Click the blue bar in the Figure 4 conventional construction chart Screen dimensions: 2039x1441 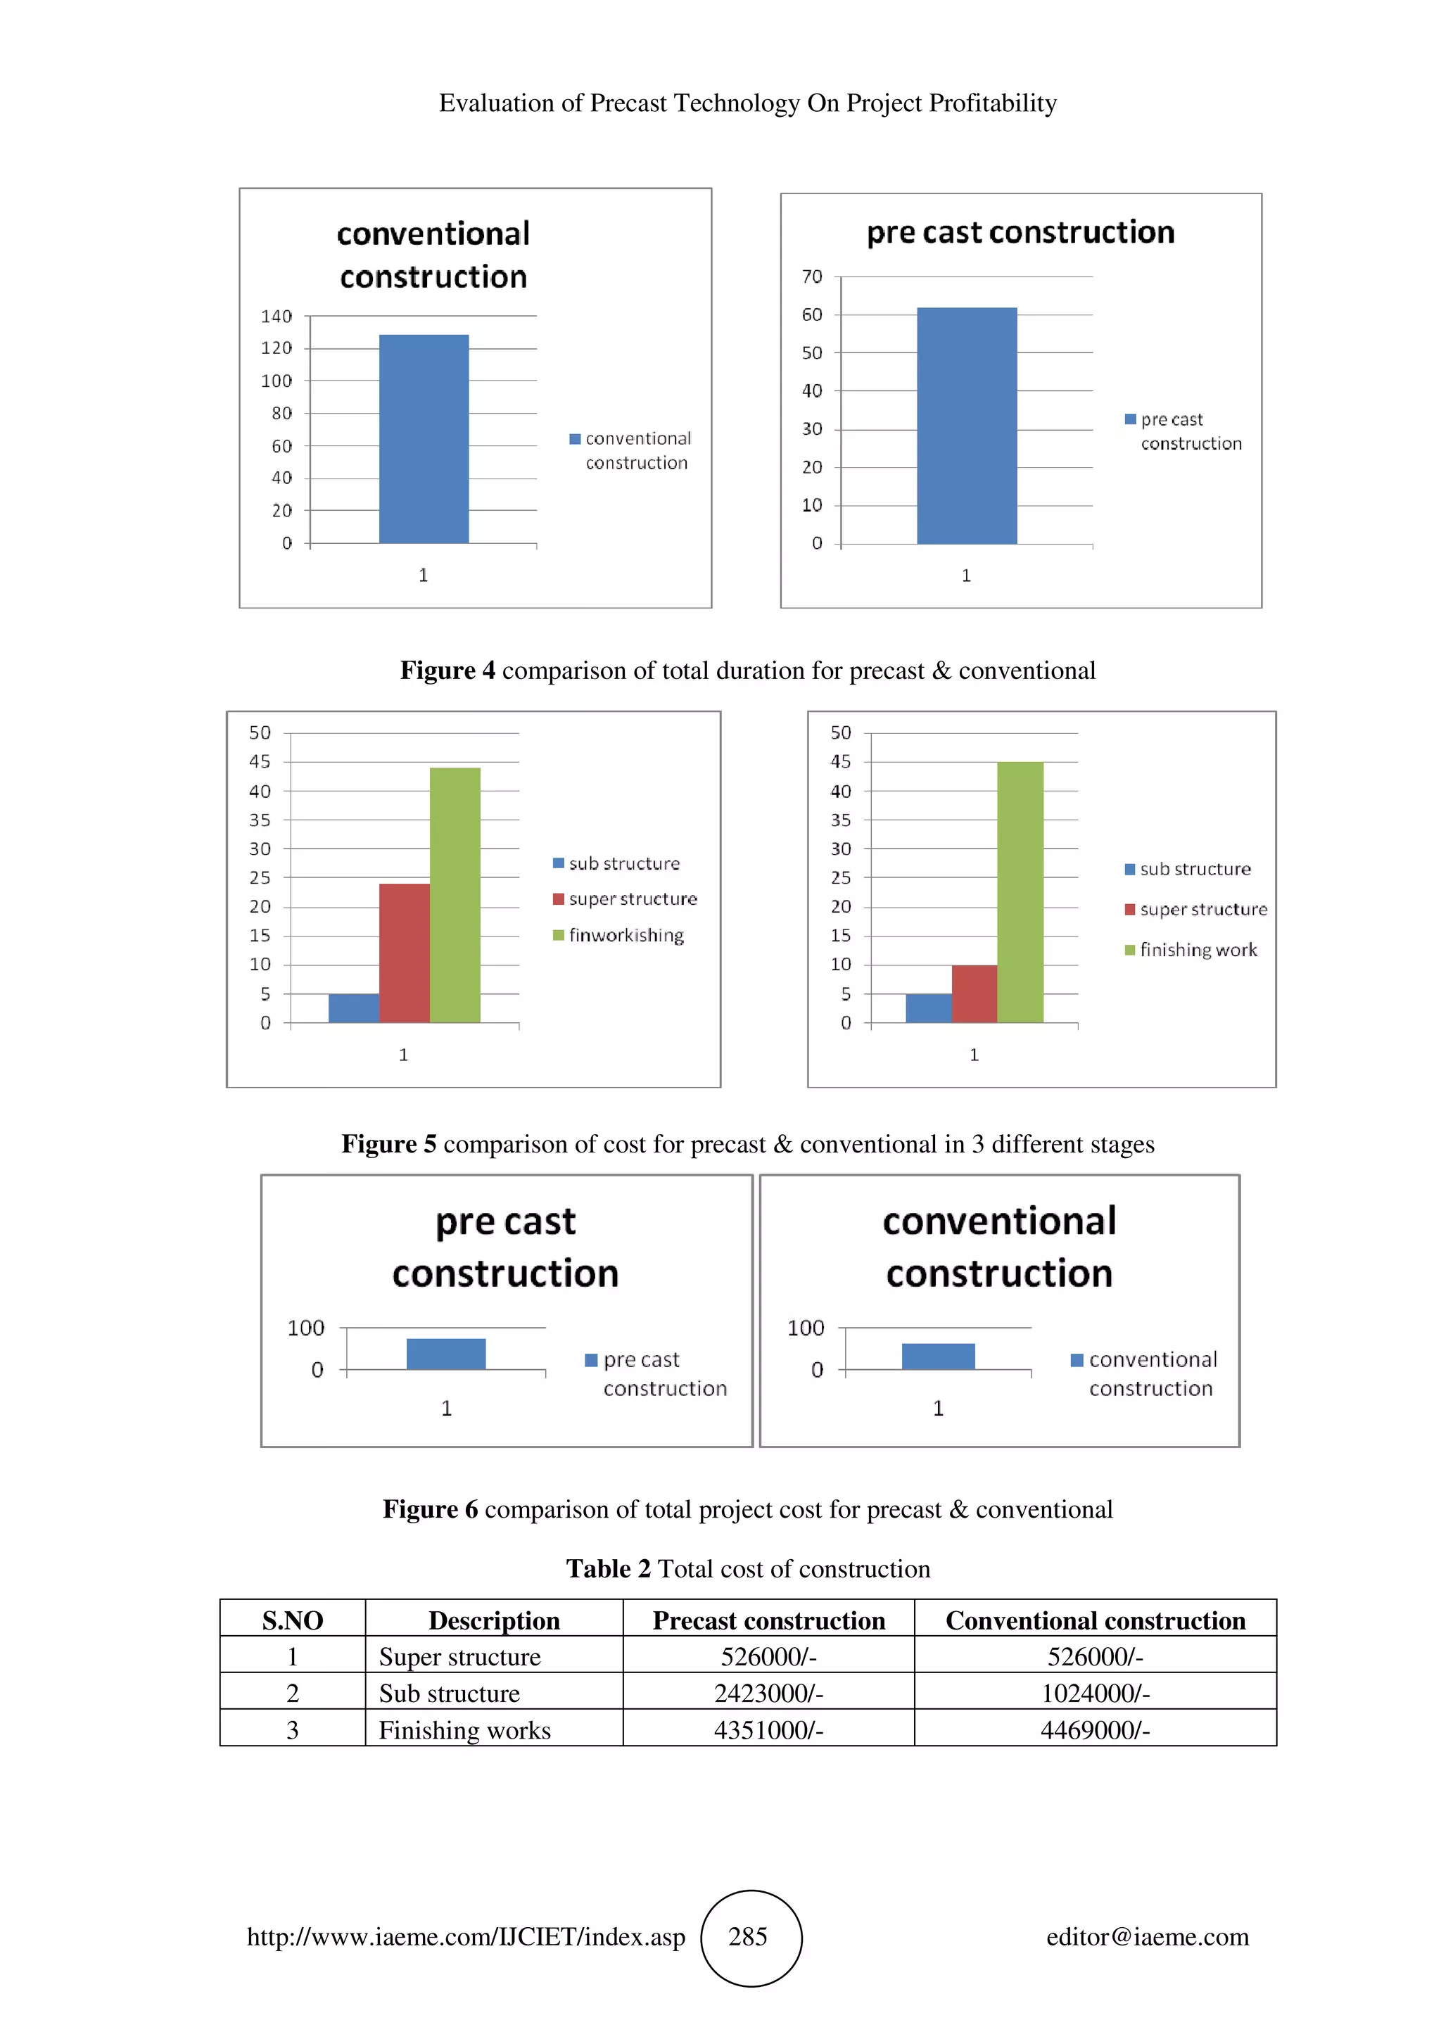(424, 439)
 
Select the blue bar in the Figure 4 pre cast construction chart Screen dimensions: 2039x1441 (966, 426)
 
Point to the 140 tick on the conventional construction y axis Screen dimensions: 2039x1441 (276, 316)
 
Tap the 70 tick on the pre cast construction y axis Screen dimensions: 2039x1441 (811, 277)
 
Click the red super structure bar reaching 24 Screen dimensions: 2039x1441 (404, 953)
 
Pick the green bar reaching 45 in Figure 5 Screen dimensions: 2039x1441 (1020, 891)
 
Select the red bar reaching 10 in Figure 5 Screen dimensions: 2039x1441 (974, 993)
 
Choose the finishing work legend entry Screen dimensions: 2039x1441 (1198, 951)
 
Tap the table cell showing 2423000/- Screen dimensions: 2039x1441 (768, 1694)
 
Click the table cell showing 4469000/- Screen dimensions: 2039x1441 (1095, 1730)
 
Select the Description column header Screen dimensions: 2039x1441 (494, 1621)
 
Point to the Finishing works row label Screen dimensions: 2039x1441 (464, 1730)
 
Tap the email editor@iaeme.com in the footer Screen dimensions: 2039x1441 (1147, 1937)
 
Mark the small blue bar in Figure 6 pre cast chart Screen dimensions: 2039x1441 (445, 1354)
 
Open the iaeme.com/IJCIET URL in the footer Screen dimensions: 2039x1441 (465, 1937)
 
